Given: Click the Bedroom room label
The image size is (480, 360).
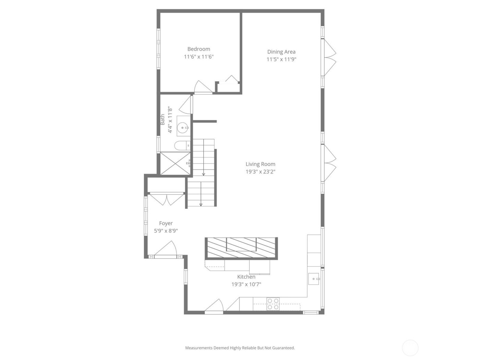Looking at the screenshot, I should click(199, 49).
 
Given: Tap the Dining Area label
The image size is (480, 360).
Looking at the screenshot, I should click(281, 52).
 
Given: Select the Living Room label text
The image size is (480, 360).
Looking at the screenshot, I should click(260, 164).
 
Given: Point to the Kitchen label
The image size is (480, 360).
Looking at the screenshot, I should click(246, 277).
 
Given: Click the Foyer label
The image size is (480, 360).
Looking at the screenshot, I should click(166, 223).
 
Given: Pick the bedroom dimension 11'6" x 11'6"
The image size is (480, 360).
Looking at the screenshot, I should click(199, 57).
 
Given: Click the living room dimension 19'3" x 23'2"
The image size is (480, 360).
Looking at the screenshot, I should click(260, 172).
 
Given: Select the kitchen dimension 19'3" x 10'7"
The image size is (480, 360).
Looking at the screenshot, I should click(246, 284).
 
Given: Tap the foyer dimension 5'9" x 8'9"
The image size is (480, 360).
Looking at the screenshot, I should click(166, 231).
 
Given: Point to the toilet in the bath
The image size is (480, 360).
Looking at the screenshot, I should click(182, 146).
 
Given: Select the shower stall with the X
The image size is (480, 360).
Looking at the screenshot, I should click(175, 164).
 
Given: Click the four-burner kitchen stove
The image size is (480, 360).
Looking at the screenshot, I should click(273, 304).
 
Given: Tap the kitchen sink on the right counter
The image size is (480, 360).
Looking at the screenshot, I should click(314, 279).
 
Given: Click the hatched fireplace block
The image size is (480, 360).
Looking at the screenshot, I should click(241, 248).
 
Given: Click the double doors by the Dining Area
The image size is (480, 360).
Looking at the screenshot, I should click(329, 57).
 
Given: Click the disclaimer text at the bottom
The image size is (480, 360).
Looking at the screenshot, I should click(240, 348).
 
